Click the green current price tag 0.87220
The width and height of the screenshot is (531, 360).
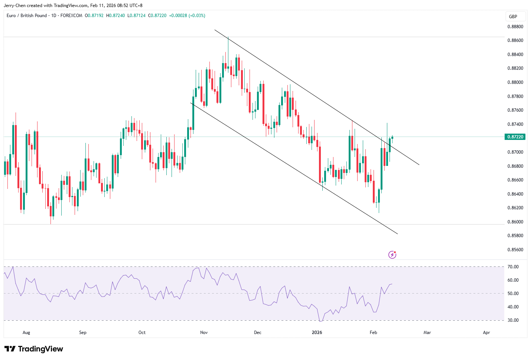[515, 137]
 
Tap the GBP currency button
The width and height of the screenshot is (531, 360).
[513, 17]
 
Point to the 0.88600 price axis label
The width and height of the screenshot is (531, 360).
[515, 40]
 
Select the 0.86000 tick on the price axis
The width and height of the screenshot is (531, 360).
[515, 222]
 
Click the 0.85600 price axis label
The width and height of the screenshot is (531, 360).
[515, 250]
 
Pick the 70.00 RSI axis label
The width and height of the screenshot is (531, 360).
[513, 267]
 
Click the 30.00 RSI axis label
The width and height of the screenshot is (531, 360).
[513, 320]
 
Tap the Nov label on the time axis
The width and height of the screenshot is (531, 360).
[204, 333]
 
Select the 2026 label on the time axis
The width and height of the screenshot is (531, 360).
[317, 333]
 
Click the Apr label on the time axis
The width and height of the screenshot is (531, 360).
[486, 333]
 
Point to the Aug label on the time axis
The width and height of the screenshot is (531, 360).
[26, 333]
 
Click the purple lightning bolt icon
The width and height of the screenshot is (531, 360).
[392, 255]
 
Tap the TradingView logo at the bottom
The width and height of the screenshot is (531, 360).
[34, 349]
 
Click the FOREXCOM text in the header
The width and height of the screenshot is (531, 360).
[71, 16]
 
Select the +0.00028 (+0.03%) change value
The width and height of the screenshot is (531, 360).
[187, 16]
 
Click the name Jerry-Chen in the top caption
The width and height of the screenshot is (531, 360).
[14, 6]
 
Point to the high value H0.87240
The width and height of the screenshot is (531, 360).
[115, 16]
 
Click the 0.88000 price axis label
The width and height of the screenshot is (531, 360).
[515, 82]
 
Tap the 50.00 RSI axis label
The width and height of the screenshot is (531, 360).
[513, 294]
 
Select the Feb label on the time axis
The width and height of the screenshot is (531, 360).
[373, 333]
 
